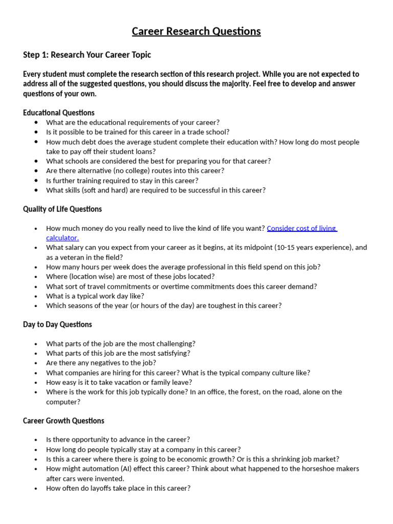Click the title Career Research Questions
196,31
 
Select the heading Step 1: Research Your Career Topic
87,55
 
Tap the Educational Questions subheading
59,113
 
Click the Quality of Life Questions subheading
62,209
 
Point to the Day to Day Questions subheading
57,324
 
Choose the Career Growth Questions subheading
63,421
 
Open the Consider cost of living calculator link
301,228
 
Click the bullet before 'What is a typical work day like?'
35,296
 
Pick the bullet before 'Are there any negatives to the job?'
35,363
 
